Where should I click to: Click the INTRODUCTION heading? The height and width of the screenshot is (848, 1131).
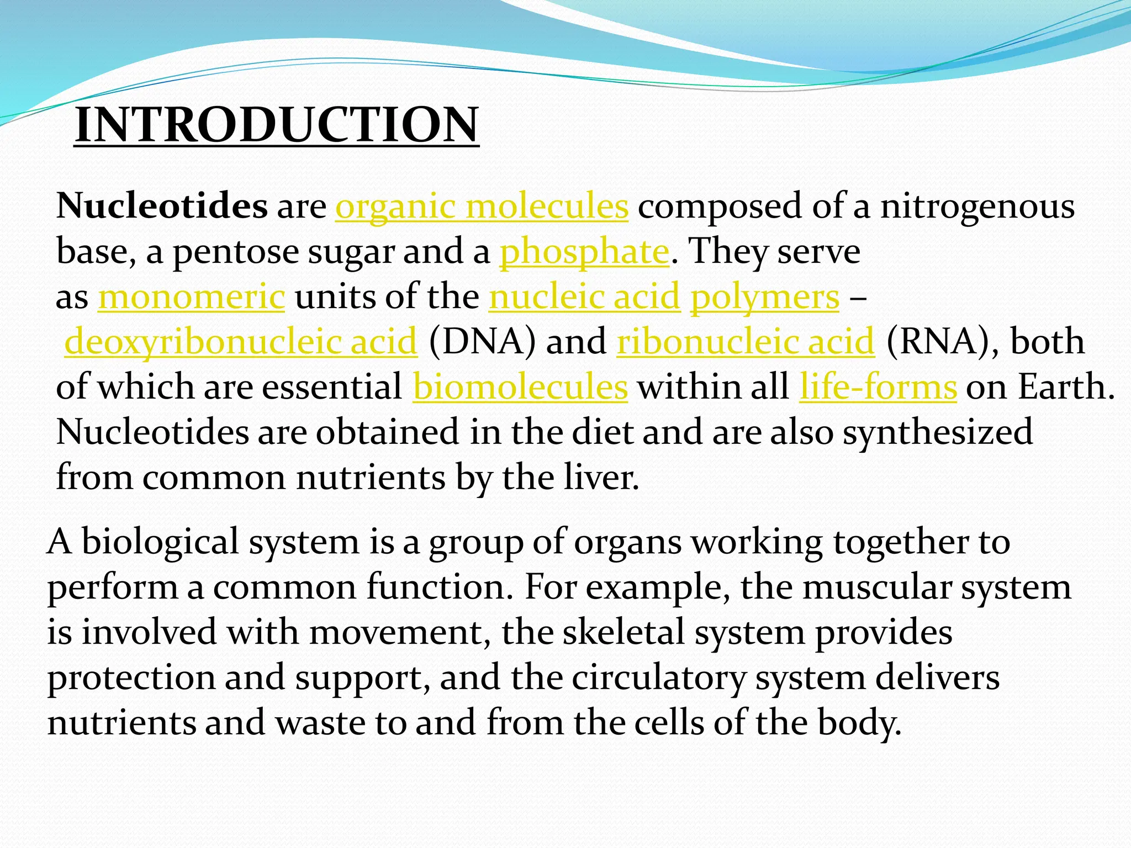click(x=276, y=125)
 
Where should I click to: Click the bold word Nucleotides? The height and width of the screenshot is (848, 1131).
click(x=162, y=206)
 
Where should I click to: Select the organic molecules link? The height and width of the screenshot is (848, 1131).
click(x=482, y=206)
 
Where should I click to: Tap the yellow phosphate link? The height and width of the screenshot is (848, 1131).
click(x=584, y=252)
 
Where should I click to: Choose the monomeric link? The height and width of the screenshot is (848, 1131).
click(x=192, y=297)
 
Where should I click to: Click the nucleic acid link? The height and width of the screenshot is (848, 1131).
click(x=584, y=297)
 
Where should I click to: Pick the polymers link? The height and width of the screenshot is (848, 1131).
click(x=765, y=297)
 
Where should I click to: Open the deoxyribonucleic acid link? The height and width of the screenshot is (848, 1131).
click(x=241, y=342)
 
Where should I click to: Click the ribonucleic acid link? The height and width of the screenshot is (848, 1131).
click(x=746, y=342)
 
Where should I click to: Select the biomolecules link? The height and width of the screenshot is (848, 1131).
click(x=520, y=387)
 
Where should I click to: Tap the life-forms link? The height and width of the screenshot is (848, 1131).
click(x=878, y=387)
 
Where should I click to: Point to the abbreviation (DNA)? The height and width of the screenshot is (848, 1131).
click(x=482, y=342)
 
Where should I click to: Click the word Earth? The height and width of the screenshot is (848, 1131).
click(x=1065, y=387)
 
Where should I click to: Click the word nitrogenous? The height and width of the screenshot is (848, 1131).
click(x=977, y=206)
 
